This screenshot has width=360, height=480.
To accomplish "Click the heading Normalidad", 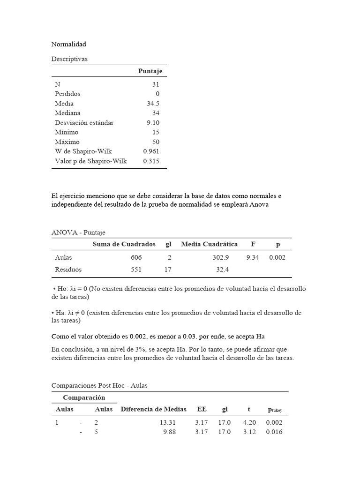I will pos(68,44).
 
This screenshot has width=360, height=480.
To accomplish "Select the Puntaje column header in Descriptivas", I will pos(150,71).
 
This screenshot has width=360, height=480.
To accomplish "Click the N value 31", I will pos(156,84).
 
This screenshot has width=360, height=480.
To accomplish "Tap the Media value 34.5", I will pos(153,104).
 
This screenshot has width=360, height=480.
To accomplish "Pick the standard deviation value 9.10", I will pos(153,123).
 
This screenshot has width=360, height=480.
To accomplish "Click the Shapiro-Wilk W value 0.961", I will pos(151,151).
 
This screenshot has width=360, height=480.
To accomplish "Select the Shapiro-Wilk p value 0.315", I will pos(151,161).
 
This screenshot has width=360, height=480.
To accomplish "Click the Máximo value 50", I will pos(156,142).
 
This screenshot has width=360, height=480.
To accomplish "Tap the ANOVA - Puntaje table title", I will pos(78,232).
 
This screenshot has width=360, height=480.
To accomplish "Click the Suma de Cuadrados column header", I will pos(124,244).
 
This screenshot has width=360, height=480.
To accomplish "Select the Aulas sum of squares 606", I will pos(136,257).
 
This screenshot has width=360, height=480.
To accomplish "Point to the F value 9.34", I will pos(253,257).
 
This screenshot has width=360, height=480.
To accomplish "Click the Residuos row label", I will pos(68,270).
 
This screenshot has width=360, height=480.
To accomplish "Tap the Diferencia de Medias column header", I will pos(153,409).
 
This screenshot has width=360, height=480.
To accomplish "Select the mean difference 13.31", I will pos(167,422).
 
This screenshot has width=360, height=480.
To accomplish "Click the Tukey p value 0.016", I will pos(274,432).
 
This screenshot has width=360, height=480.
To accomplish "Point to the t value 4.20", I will pos(249,422).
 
